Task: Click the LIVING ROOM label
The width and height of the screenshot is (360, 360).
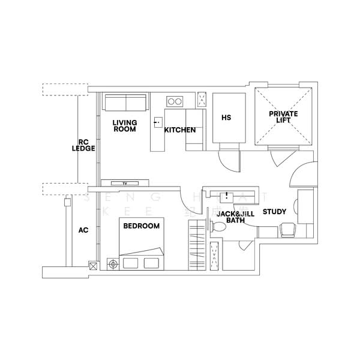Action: click(x=125, y=126)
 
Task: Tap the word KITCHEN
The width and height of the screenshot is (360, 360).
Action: click(x=180, y=130)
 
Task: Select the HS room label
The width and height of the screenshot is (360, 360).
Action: click(x=226, y=118)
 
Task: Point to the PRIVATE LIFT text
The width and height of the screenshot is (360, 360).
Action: click(x=283, y=117)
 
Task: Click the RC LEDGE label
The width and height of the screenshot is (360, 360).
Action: click(x=83, y=145)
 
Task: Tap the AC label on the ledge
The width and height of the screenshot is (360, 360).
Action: click(x=83, y=230)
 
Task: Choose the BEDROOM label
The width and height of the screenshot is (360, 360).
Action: click(x=141, y=226)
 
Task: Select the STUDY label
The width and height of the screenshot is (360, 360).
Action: click(x=274, y=212)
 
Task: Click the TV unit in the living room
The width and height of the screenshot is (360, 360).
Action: click(x=125, y=183)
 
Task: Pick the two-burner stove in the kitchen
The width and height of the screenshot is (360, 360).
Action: click(x=175, y=101)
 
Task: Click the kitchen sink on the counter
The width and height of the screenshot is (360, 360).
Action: click(x=157, y=123)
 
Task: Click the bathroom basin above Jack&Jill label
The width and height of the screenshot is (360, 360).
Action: click(x=227, y=196)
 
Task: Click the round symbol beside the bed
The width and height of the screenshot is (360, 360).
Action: click(x=112, y=263)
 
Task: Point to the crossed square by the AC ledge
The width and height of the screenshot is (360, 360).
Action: click(x=92, y=265)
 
